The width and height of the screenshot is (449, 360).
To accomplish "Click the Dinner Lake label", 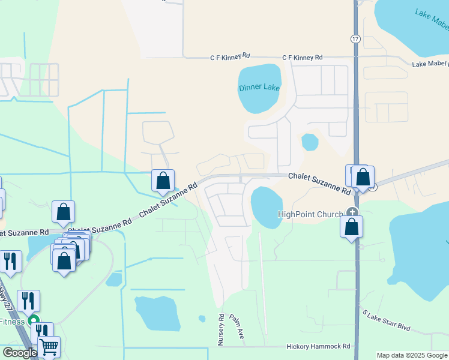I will (x=259, y=88).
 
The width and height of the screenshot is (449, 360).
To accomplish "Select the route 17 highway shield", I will (x=355, y=38).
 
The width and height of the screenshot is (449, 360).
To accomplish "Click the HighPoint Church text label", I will (x=311, y=214).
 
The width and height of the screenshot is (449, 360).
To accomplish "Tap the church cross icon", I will (x=352, y=212).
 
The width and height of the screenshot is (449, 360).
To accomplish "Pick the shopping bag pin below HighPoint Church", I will (x=352, y=227).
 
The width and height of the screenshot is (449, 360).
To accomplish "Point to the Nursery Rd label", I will (x=221, y=329).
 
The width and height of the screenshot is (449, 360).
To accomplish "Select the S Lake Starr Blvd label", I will (x=385, y=320).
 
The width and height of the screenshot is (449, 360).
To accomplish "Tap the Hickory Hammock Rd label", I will (x=318, y=346).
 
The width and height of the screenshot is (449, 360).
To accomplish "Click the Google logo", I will (x=20, y=353).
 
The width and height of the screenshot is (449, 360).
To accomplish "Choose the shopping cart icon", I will (x=49, y=347).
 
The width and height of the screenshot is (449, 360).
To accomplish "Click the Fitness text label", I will (x=12, y=322).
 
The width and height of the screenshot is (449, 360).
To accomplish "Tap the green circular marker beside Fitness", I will (x=34, y=322).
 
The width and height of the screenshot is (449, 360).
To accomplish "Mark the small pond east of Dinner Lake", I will (x=310, y=142).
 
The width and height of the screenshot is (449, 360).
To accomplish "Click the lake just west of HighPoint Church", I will (x=266, y=207).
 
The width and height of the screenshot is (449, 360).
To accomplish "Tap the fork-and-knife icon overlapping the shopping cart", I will (x=41, y=331).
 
